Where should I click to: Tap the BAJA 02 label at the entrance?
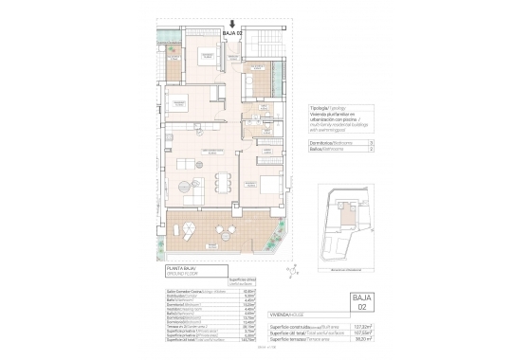tap(233, 33)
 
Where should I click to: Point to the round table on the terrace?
tap(189, 227)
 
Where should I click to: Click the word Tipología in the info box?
tap(321, 109)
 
